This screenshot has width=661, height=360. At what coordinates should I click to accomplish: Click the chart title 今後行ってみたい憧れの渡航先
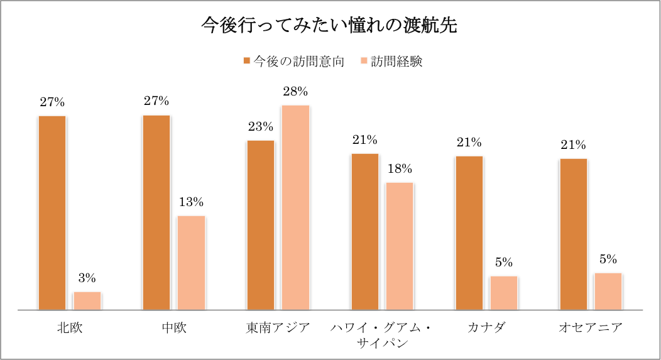tap(329, 26)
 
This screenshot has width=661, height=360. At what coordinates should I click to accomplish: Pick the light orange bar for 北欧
tap(87, 301)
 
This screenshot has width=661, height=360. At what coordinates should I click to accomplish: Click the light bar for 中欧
tap(191, 263)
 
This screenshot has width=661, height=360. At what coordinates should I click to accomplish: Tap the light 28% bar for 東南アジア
tap(295, 207)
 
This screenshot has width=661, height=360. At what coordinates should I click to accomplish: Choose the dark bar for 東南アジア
tap(261, 225)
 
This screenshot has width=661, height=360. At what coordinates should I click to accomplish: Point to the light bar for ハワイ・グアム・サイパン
tap(400, 246)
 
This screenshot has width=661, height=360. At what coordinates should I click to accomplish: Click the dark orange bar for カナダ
tap(469, 232)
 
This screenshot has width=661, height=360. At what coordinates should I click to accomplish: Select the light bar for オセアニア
tap(608, 292)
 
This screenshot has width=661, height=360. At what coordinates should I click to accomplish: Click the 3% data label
tap(87, 278)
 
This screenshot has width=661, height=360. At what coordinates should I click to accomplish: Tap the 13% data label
tap(191, 202)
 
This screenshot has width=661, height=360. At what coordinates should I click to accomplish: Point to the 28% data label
tap(295, 92)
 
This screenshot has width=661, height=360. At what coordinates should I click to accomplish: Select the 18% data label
tap(400, 169)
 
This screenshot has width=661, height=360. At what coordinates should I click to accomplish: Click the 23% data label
tap(261, 127)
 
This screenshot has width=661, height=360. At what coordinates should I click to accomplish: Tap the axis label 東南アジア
tap(278, 327)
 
